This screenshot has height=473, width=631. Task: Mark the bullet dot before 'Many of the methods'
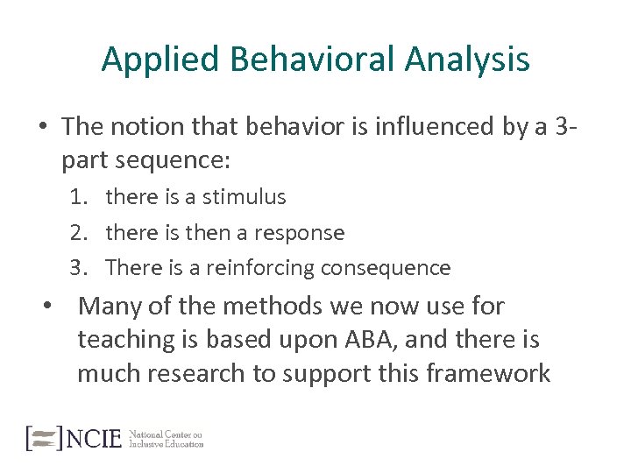(x=52, y=307)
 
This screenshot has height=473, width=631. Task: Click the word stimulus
(x=245, y=198)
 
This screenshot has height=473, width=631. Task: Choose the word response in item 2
(x=300, y=233)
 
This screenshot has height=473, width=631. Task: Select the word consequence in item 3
(x=386, y=268)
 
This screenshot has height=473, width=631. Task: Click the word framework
(x=488, y=374)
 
